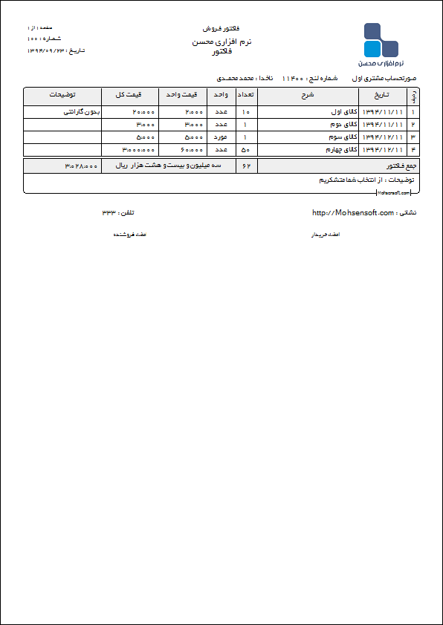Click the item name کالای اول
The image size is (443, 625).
point(343,112)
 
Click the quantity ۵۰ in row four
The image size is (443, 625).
point(245,149)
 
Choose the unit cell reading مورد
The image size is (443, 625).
point(221,137)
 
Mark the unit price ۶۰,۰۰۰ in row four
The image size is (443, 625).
point(191,149)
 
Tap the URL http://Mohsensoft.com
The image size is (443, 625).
point(353,213)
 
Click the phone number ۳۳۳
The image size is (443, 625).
point(109,213)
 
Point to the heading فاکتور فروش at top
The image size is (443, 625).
point(221,28)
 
